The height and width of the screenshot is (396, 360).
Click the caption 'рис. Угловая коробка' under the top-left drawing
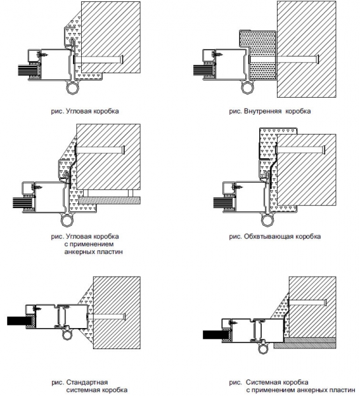(x=85, y=111)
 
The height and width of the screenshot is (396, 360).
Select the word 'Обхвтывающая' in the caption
(x=268, y=237)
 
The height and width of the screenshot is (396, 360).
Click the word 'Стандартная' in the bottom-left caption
(x=87, y=382)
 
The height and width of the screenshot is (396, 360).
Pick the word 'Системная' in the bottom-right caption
(x=277, y=382)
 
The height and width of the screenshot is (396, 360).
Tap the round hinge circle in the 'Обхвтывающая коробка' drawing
(x=267, y=220)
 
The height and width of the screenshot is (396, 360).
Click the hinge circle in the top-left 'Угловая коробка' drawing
(x=73, y=88)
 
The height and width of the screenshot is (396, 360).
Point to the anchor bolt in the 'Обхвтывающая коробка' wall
(x=301, y=150)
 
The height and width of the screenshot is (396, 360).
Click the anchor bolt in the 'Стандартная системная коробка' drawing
(x=107, y=316)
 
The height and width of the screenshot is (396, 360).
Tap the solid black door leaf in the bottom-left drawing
(x=16, y=321)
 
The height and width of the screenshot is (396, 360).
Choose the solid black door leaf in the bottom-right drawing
(x=213, y=335)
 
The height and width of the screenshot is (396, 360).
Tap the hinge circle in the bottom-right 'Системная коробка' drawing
(x=263, y=349)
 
